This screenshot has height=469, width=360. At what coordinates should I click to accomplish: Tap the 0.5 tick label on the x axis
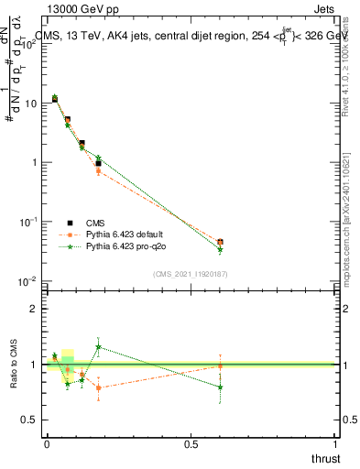point(191,443)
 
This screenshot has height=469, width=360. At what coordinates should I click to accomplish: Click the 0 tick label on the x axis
point(47,443)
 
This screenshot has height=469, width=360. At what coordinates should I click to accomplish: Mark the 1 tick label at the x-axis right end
point(335,443)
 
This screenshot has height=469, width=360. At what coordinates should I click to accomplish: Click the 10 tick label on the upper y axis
point(30,103)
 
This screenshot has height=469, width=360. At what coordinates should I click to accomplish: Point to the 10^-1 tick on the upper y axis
point(28,221)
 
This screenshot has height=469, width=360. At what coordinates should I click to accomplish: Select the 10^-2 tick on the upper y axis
point(28,280)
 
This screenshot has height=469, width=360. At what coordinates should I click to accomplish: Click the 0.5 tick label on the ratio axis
point(30,420)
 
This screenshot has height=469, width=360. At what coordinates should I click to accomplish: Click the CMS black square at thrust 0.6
point(220,242)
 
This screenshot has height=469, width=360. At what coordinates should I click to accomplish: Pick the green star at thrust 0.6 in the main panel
point(220,249)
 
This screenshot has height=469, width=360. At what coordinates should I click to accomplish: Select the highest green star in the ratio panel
point(98,347)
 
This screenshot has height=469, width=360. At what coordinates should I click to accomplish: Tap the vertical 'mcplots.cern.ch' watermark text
point(351,211)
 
